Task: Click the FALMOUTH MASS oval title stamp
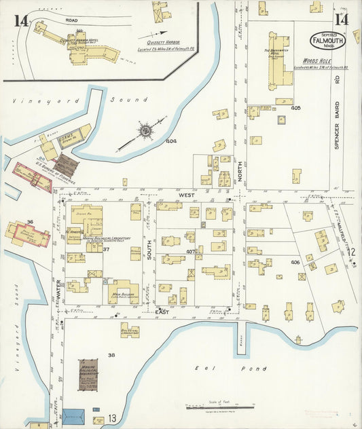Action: point(327,40)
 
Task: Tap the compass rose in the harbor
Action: point(145,129)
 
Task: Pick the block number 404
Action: point(172,141)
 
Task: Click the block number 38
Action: point(111,355)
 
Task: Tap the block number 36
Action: point(30,222)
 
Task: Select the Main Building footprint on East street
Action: point(122,292)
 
